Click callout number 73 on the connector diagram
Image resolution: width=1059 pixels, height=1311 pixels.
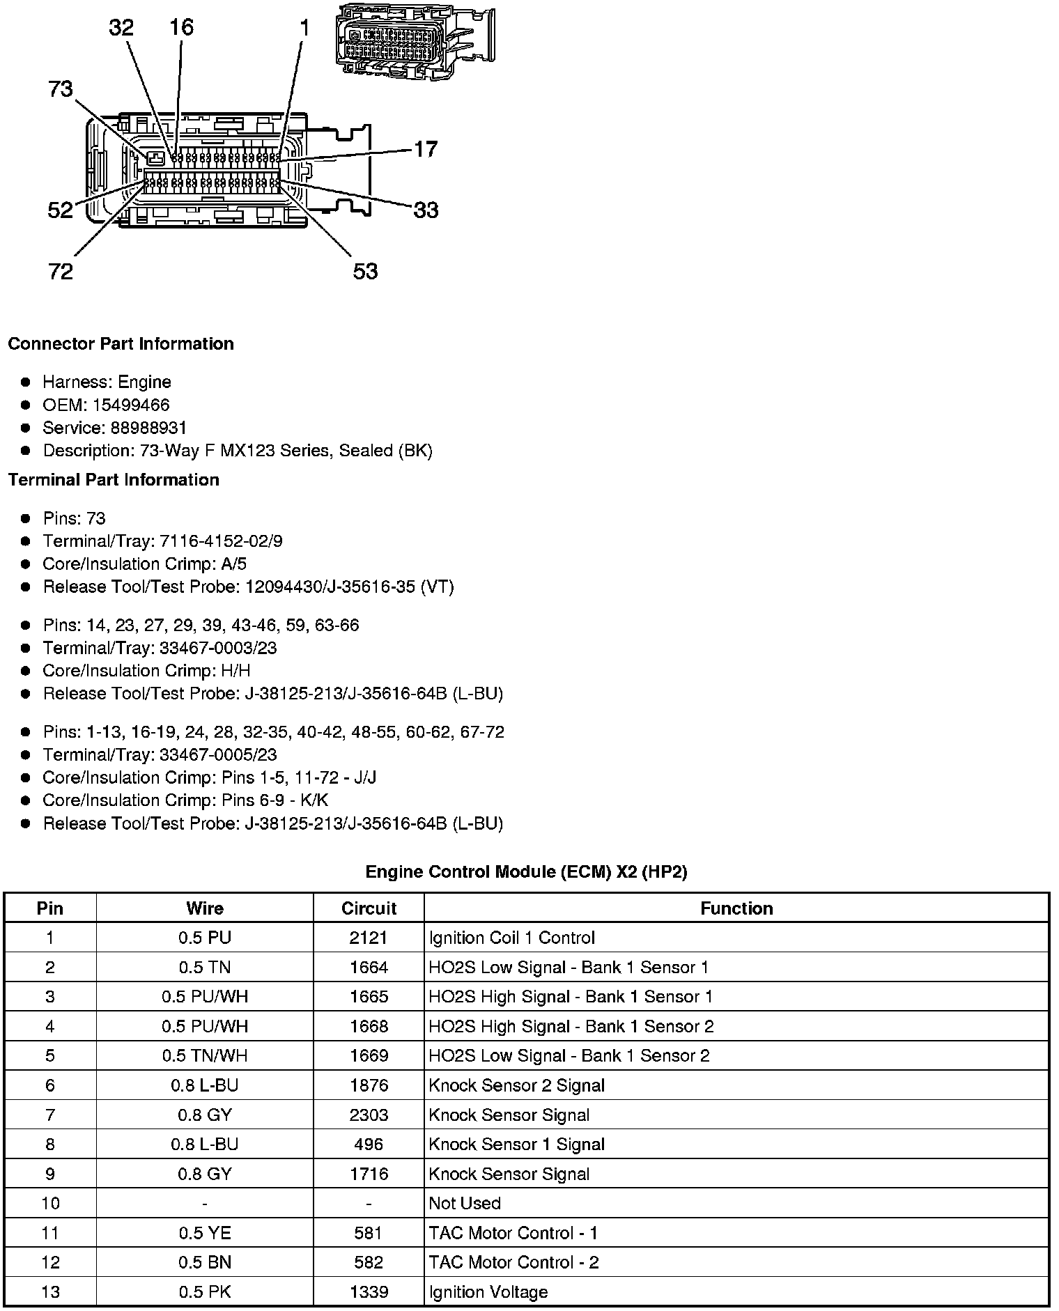click(x=61, y=89)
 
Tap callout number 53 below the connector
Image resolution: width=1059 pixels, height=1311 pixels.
click(x=365, y=271)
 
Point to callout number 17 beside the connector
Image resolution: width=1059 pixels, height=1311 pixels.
click(x=426, y=149)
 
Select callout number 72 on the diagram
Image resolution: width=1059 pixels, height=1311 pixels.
click(x=61, y=271)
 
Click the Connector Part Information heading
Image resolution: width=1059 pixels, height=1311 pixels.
click(x=121, y=344)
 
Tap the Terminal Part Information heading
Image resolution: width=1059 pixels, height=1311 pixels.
click(x=114, y=480)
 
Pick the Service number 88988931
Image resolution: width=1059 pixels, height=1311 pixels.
click(x=148, y=428)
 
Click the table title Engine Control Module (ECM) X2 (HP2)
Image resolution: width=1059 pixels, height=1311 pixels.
click(x=526, y=872)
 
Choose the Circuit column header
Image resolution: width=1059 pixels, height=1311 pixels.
click(x=369, y=908)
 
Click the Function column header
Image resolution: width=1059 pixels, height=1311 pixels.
click(x=736, y=908)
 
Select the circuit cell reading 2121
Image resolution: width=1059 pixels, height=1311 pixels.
click(x=369, y=938)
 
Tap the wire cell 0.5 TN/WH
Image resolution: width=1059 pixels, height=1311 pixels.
click(x=205, y=1055)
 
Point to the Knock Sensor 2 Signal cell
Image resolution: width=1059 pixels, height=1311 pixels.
click(x=517, y=1085)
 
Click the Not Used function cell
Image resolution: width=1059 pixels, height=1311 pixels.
click(x=465, y=1203)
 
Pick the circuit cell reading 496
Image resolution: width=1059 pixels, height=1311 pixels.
click(x=369, y=1145)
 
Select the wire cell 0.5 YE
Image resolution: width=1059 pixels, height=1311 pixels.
click(x=205, y=1233)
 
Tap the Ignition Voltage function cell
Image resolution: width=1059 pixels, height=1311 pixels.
click(x=488, y=1292)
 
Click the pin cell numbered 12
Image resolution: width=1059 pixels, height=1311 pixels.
click(x=50, y=1262)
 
